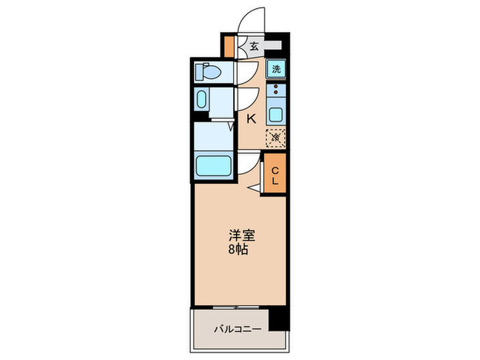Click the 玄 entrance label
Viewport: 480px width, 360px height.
tap(254, 47)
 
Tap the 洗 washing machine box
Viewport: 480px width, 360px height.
tap(276, 69)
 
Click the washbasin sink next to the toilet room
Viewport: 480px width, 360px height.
tap(202, 99)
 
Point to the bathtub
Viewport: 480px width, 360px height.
tap(213, 166)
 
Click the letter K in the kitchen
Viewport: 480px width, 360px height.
tap(251, 119)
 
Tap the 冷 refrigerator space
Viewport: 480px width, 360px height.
tap(276, 137)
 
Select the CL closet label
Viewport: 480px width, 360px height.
tap(275, 176)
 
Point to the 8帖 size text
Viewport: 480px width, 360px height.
tap(240, 250)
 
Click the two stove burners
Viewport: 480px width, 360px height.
tap(276, 90)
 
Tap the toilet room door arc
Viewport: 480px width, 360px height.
tap(247, 71)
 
